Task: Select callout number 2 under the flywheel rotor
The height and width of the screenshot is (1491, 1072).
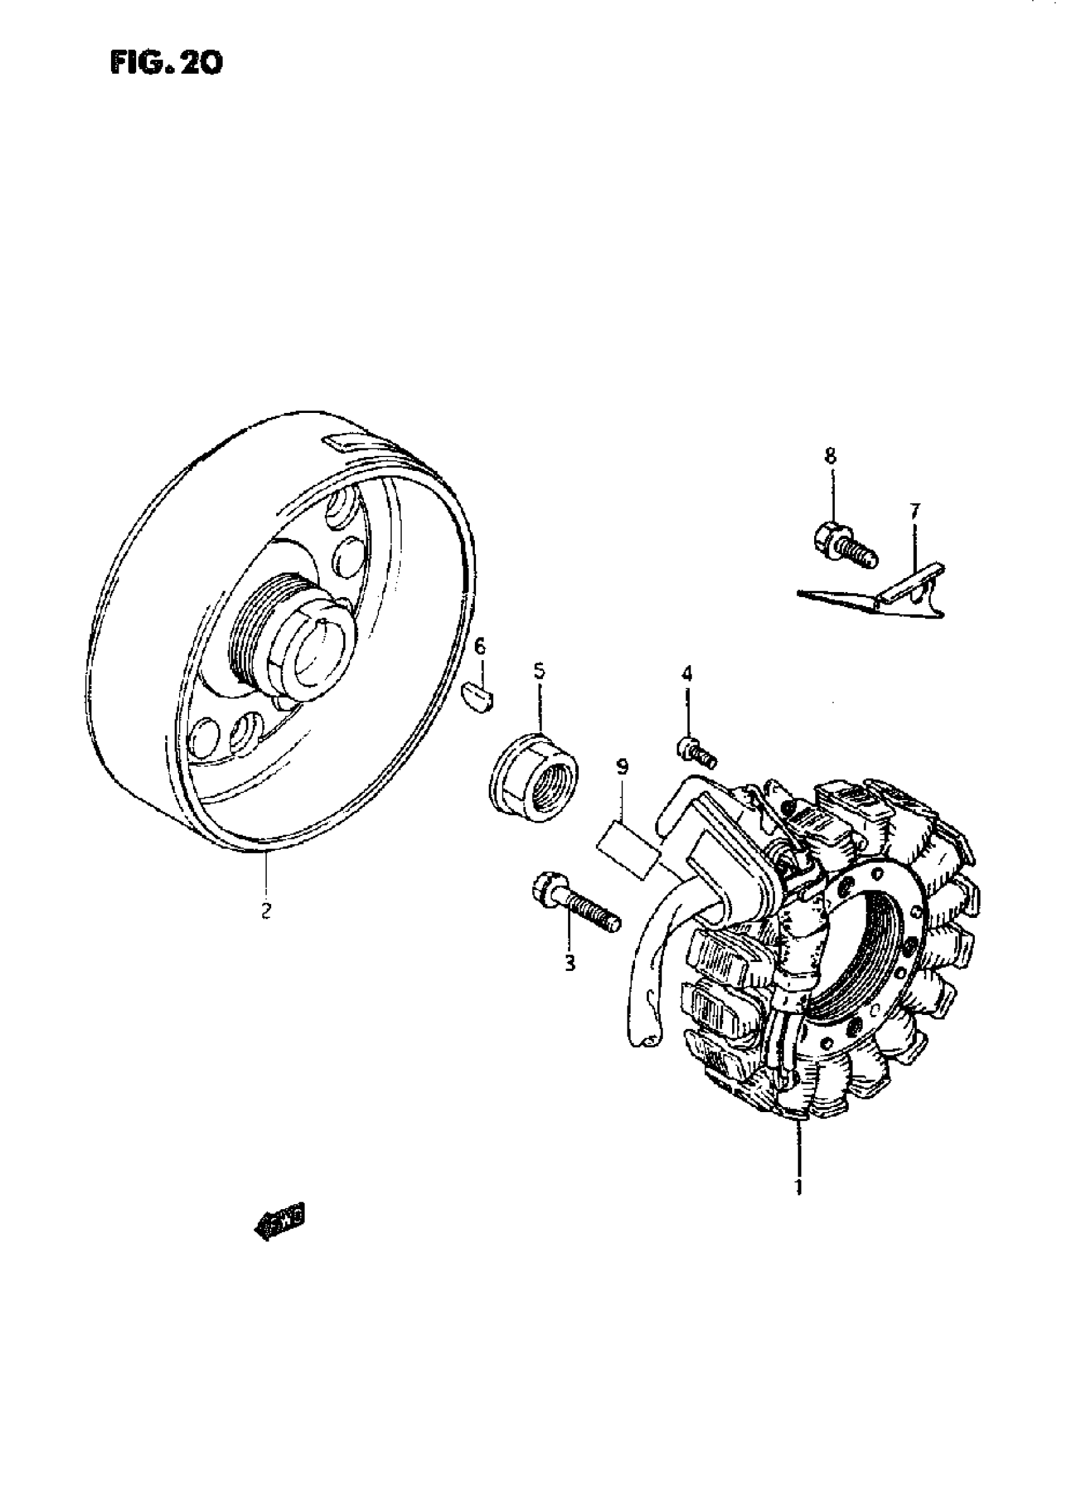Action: (x=265, y=911)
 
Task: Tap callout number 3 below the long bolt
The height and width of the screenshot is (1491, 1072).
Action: (x=569, y=964)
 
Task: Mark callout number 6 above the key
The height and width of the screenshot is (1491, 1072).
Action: (x=480, y=647)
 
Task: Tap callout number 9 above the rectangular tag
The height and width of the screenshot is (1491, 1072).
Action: (x=622, y=767)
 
